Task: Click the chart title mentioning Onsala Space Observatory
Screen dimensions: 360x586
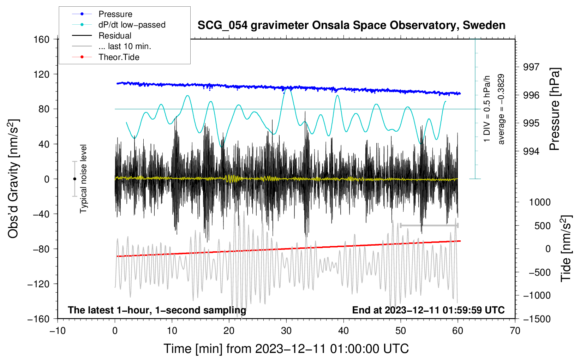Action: click(351, 25)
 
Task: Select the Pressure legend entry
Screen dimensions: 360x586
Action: click(115, 14)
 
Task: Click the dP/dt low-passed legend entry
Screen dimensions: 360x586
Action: click(132, 25)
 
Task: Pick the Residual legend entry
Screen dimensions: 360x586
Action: click(115, 36)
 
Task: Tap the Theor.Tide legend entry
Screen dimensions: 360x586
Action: click(119, 57)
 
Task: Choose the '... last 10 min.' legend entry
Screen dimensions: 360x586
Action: click(125, 46)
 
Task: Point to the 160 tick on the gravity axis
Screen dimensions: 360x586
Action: click(42, 39)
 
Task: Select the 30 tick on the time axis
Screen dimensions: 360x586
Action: click(286, 331)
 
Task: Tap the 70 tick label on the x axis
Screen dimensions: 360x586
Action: click(515, 331)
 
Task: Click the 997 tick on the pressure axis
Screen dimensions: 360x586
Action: click(531, 67)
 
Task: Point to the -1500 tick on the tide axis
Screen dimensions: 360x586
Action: click(537, 319)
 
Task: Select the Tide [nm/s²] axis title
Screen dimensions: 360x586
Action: click(566, 249)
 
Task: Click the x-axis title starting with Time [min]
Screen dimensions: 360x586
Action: click(286, 349)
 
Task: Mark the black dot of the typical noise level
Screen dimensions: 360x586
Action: click(74, 179)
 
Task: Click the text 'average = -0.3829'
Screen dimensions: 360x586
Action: click(501, 109)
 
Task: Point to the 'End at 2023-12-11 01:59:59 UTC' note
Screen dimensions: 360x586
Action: click(428, 310)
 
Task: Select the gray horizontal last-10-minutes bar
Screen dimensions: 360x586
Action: click(429, 225)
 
